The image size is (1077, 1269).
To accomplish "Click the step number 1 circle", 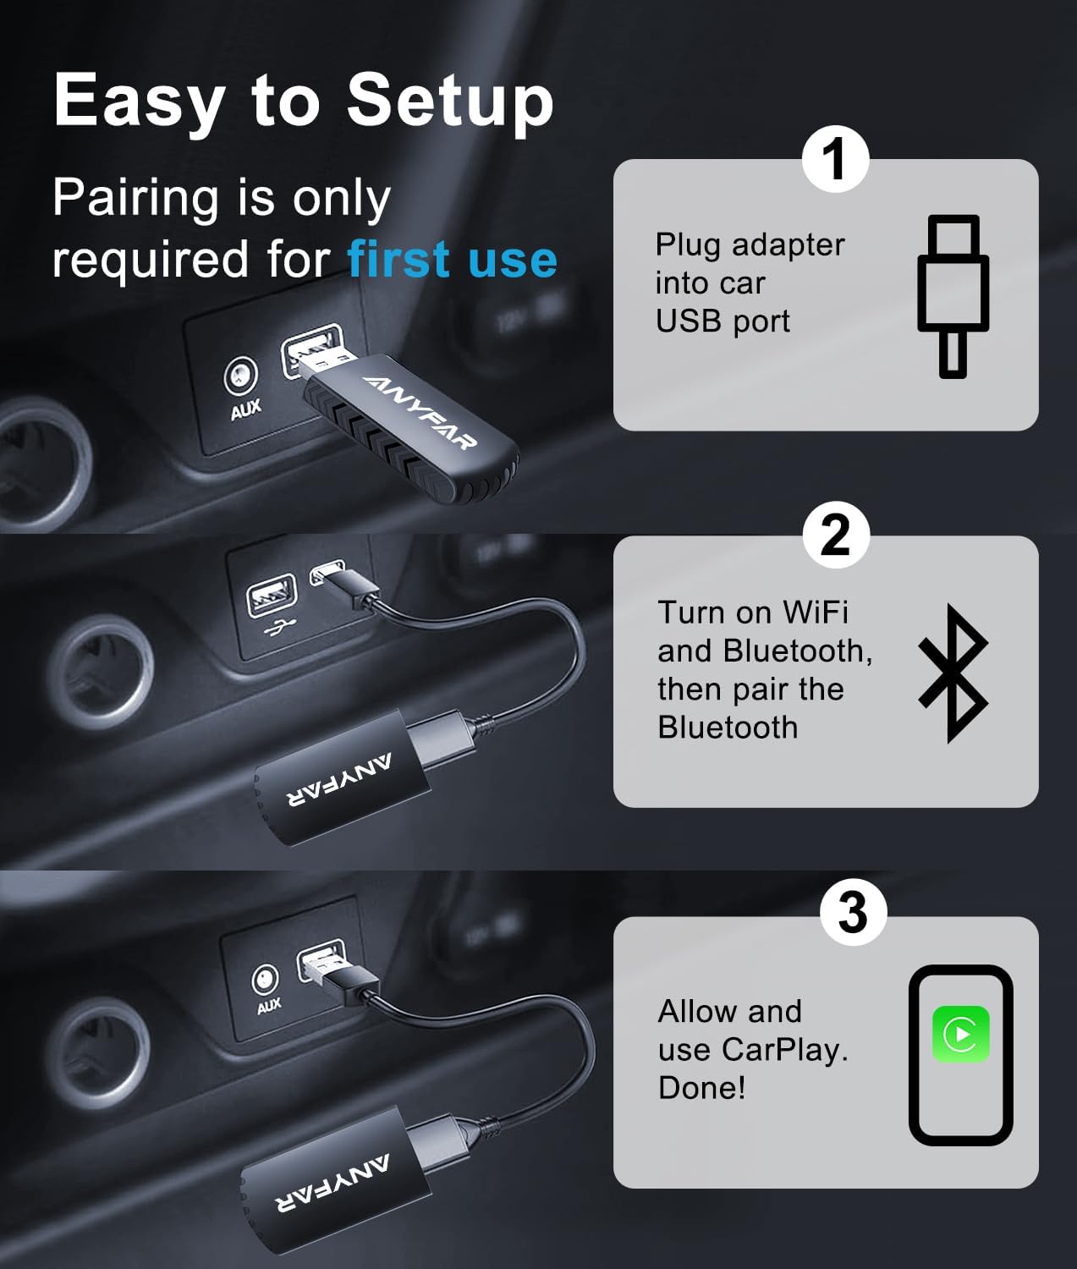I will click(x=835, y=158).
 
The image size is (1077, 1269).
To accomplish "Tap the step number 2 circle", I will click(x=835, y=535).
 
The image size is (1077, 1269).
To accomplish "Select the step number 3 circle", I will click(x=853, y=912).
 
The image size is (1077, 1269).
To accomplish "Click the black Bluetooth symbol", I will click(x=953, y=673).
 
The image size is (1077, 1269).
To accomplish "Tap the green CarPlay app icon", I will click(x=960, y=1034).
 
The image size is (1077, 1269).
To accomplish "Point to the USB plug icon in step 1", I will click(x=953, y=295).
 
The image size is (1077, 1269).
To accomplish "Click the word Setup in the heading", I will click(x=449, y=101).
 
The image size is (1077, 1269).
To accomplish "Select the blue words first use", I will click(x=453, y=259).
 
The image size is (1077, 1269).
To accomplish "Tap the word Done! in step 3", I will click(x=702, y=1087).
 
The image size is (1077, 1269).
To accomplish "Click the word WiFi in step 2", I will click(x=815, y=612).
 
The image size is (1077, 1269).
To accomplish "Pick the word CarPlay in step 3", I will click(x=783, y=1049).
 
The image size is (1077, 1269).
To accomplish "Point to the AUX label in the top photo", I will click(x=245, y=410).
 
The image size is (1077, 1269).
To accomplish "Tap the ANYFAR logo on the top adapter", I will click(x=420, y=411).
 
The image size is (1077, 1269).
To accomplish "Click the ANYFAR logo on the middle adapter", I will click(x=339, y=781).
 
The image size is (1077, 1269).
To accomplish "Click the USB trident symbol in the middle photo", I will click(x=276, y=629).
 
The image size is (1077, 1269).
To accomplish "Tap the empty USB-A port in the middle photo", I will click(x=272, y=596).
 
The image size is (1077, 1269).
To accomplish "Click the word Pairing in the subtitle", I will click(x=135, y=200).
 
